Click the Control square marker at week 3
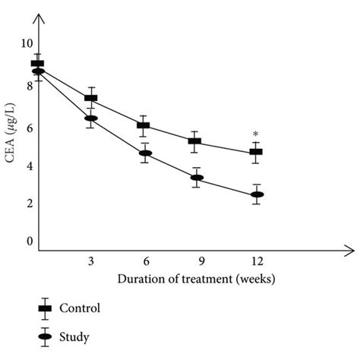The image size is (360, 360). coord(90,98)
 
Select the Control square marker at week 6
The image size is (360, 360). coord(144,125)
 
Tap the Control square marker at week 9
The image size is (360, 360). coord(195,141)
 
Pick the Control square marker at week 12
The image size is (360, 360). coord(256,152)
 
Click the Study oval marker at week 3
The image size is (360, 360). coord(90,118)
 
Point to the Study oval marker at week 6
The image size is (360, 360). coord(144,153)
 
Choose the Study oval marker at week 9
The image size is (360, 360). coord(196,178)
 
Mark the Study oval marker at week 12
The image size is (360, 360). coord(257,194)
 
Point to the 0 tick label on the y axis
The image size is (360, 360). coord(30,242)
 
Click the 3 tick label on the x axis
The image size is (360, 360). coord(90,261)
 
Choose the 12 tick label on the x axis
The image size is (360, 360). coord(257,261)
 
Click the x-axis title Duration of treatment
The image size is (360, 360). coord(196,278)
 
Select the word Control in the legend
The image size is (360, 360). coord(81,308)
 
